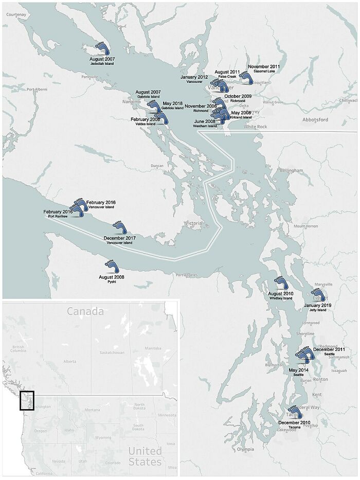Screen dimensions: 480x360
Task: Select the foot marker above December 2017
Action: [x=119, y=228]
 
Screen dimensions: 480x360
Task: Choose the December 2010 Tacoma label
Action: [x=294, y=423]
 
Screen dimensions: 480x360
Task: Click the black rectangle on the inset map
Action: [x=26, y=401]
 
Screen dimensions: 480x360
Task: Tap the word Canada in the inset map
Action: [x=85, y=311]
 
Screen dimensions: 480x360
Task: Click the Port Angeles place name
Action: [x=186, y=275]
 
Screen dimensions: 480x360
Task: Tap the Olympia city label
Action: [x=245, y=450]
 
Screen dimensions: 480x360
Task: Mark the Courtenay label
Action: [x=16, y=14]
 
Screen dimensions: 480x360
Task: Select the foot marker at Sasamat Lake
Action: [x=246, y=78]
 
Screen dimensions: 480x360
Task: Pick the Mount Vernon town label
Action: [x=305, y=226]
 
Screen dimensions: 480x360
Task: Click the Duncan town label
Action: [x=157, y=166]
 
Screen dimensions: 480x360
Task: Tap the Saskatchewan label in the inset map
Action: [x=112, y=353]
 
